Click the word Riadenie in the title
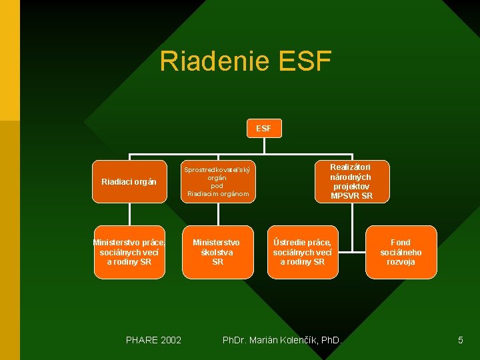coord(213,61)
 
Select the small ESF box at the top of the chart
coord(263,128)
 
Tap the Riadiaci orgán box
coord(129,181)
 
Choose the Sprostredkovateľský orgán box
coord(217,181)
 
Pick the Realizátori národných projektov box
coord(351,181)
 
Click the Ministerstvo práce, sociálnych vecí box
coord(129,252)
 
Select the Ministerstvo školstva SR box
coord(217,252)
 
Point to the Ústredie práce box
coord(303,252)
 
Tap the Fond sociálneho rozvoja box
coord(401,252)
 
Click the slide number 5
coord(460,341)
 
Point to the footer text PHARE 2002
coord(153,341)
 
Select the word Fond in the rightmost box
coord(401,243)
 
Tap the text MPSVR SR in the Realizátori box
coord(351,196)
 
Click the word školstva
coord(217,252)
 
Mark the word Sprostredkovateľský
coord(217,170)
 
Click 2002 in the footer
coord(169,341)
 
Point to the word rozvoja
coord(401,262)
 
